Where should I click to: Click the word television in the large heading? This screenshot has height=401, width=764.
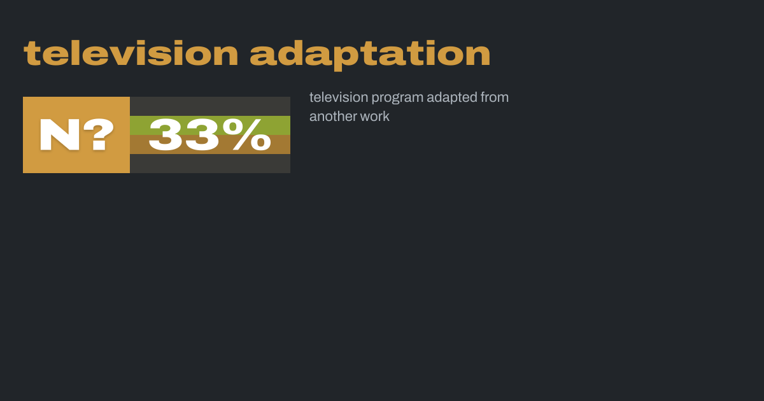click(131, 53)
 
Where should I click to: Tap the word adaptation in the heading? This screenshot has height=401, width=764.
click(370, 55)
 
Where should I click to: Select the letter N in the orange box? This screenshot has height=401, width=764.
click(60, 134)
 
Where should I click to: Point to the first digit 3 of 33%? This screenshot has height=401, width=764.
click(165, 134)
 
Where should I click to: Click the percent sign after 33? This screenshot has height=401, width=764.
click(247, 134)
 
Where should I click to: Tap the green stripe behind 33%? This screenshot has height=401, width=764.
click(210, 125)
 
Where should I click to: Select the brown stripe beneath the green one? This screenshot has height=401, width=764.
click(210, 144)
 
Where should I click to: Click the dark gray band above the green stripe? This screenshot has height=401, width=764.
click(210, 106)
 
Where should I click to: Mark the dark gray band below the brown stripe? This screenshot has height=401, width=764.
click(210, 164)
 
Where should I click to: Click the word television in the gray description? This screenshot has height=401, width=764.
click(339, 97)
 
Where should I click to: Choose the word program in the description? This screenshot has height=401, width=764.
click(397, 99)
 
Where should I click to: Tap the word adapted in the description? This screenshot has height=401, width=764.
click(452, 98)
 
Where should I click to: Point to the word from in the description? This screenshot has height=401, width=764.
click(495, 97)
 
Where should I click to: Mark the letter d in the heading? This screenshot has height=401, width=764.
click(290, 53)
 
